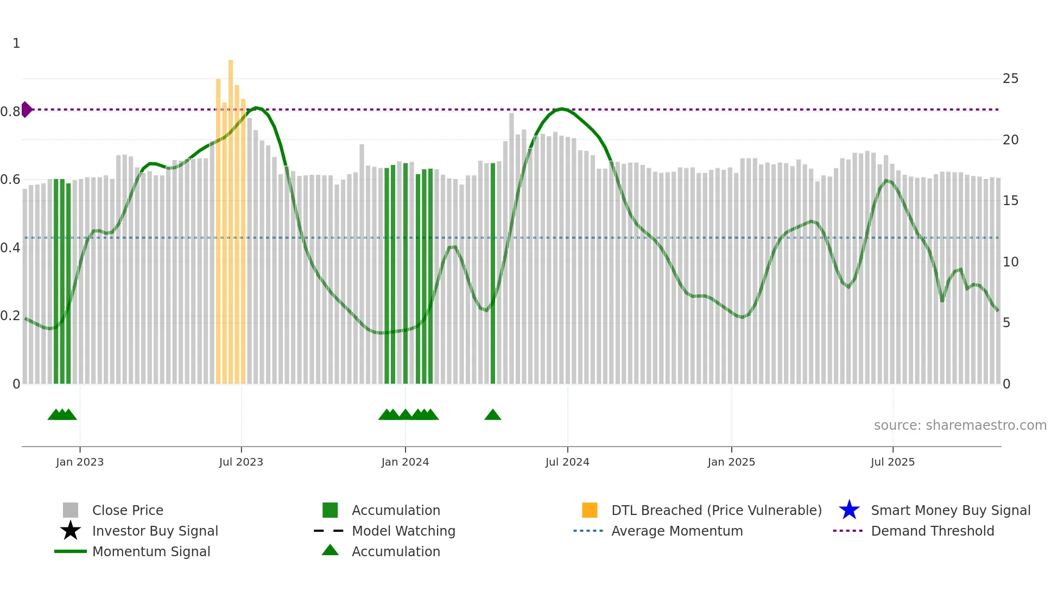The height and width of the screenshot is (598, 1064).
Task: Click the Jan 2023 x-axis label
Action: click(79, 462)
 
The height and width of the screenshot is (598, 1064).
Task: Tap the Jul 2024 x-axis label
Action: click(567, 462)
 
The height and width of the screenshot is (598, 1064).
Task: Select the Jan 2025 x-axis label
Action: click(731, 462)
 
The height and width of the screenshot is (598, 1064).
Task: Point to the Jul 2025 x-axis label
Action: click(892, 462)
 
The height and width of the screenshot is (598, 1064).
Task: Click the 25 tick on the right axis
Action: click(1010, 79)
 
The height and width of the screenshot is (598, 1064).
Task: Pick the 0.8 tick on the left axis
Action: click(11, 112)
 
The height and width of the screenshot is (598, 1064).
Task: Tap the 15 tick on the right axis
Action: click(1010, 201)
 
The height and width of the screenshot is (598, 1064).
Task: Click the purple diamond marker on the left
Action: click(26, 110)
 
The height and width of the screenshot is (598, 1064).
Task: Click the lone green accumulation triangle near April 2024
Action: click(493, 415)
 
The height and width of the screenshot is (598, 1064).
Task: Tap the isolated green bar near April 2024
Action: click(493, 271)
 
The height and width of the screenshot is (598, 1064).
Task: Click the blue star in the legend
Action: click(849, 510)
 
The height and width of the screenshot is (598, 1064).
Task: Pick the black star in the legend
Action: click(71, 531)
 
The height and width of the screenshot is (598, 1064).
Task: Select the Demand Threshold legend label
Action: click(932, 531)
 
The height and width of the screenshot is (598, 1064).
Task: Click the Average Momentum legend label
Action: click(677, 531)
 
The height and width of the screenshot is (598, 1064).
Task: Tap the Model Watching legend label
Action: click(403, 531)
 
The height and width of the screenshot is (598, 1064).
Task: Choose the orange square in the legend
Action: click(590, 510)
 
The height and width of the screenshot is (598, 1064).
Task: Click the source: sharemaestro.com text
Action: click(960, 425)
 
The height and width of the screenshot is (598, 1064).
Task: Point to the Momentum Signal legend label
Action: click(151, 551)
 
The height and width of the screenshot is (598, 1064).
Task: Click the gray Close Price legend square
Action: click(71, 510)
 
